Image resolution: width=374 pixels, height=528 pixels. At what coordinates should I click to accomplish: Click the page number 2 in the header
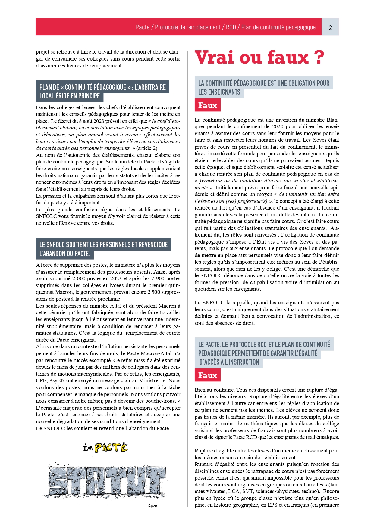[x=330, y=27]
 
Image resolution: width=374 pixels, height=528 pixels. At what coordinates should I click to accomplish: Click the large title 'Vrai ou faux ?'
[x=259, y=57]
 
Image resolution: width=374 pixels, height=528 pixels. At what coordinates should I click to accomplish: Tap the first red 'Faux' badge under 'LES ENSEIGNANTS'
[x=207, y=105]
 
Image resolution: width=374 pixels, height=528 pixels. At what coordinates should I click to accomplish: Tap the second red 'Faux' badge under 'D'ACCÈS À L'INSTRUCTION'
[x=207, y=375]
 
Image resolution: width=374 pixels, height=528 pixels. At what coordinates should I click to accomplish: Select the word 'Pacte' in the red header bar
[x=143, y=27]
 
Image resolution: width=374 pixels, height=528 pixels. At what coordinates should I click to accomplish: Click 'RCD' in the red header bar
[x=231, y=27]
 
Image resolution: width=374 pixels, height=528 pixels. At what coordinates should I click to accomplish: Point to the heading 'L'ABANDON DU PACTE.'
[x=65, y=254]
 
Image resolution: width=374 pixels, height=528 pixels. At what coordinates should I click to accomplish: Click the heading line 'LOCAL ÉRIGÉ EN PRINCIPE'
[x=70, y=96]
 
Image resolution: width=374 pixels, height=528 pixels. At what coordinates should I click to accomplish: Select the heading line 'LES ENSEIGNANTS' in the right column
[x=219, y=92]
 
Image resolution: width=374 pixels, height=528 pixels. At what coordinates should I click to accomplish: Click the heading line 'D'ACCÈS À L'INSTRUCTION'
[x=229, y=362]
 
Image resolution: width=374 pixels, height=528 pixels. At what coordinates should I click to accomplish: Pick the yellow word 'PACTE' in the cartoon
[x=111, y=448]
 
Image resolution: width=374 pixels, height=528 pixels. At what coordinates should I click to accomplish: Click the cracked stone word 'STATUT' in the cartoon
[x=107, y=480]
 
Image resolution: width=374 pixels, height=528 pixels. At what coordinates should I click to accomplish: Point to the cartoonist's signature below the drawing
[x=153, y=505]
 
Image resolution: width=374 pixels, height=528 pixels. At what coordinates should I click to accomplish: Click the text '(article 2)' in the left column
[x=147, y=148]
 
